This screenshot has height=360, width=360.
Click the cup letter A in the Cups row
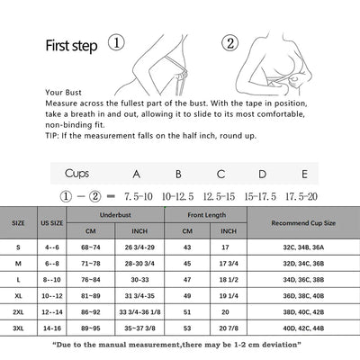point(136,173)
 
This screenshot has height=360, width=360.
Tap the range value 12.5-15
point(220,193)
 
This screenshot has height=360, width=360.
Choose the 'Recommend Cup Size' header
point(302,222)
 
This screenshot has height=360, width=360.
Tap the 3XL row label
point(18,329)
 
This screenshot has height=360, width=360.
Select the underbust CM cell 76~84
point(92,278)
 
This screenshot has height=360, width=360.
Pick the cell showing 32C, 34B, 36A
point(302,247)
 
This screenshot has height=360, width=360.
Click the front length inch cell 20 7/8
point(229,329)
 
